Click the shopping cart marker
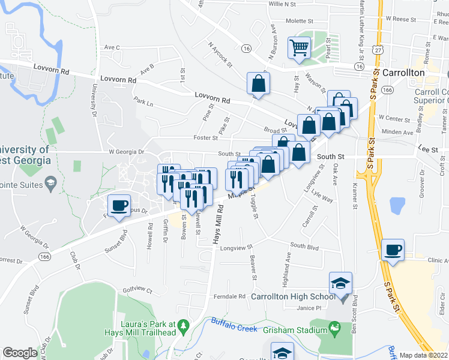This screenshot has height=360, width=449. click(x=299, y=47)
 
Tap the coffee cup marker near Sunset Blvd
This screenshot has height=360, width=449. click(x=119, y=205)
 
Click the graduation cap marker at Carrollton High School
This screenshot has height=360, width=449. click(x=340, y=283)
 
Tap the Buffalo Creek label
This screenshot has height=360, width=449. click(x=234, y=325)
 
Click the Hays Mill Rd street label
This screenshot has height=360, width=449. click(x=218, y=224)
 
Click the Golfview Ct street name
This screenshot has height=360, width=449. click(x=137, y=289)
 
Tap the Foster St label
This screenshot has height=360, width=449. click(x=205, y=138)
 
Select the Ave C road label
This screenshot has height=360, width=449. click(x=112, y=47)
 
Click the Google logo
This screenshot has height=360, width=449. click(x=20, y=352)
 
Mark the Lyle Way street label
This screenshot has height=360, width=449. click(x=322, y=197)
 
